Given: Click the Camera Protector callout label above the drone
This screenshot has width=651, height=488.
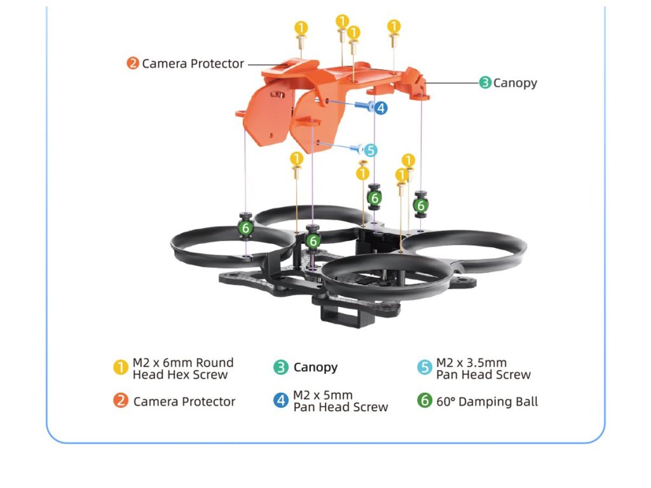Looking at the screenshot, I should (x=193, y=64).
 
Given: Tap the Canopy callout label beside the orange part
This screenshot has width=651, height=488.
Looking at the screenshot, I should (x=515, y=83).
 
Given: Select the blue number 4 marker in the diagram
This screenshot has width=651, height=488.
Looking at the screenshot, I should (x=381, y=108).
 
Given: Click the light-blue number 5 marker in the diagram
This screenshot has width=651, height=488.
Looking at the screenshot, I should (x=370, y=151).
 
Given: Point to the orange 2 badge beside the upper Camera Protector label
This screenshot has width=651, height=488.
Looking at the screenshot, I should (x=133, y=64).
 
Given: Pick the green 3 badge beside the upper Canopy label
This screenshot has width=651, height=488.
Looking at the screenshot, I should (x=485, y=83).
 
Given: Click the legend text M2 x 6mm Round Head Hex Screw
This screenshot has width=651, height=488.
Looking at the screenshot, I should (x=182, y=369).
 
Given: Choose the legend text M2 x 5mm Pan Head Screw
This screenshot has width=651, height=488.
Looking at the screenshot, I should (x=340, y=401).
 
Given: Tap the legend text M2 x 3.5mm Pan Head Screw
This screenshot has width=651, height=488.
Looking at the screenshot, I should (x=483, y=369).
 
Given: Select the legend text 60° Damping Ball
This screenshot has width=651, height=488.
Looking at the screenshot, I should (x=487, y=402).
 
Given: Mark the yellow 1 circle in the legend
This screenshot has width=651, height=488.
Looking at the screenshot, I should (x=121, y=368).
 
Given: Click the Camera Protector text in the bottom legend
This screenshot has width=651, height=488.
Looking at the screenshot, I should (x=184, y=402).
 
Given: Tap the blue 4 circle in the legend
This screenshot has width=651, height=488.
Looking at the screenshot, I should (x=281, y=401).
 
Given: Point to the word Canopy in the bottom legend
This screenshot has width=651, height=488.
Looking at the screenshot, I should (x=315, y=367).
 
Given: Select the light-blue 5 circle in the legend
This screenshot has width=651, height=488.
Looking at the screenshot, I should (x=425, y=368).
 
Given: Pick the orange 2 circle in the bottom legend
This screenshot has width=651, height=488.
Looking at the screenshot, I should (x=121, y=401).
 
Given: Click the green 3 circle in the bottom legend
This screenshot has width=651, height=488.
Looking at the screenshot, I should (x=281, y=367).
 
